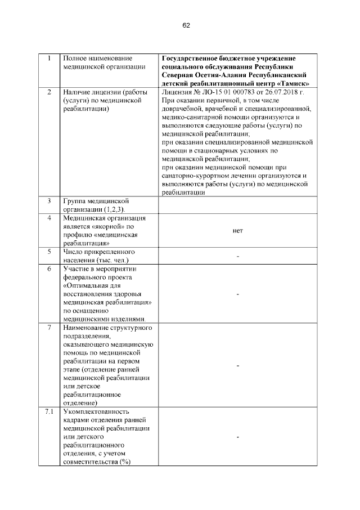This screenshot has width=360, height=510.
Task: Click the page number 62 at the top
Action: point(186,25)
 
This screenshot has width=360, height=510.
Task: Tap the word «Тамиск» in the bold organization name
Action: point(291,83)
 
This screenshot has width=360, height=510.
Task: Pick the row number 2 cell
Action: point(49,92)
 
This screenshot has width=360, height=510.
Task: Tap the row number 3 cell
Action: point(49,201)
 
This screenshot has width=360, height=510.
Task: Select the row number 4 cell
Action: point(49,218)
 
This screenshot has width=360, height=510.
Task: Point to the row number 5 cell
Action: point(49,252)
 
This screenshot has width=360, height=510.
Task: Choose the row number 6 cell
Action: point(49,269)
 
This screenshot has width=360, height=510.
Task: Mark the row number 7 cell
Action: point(49,328)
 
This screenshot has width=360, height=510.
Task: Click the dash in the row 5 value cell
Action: point(238,257)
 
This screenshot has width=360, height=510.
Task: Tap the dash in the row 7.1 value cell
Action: point(238,437)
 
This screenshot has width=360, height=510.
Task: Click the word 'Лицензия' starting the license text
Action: point(177,92)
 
